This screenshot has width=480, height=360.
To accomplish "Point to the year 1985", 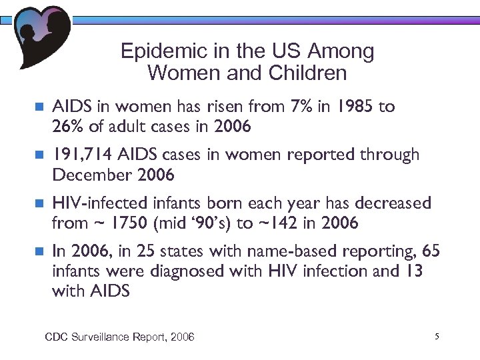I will [353, 107].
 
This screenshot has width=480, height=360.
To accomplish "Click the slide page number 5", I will [436, 337].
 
